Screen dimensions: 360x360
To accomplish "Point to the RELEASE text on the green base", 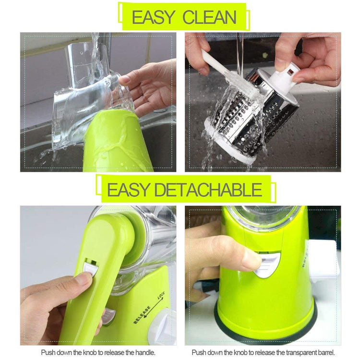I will coord(142,314).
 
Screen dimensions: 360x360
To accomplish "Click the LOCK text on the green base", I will coord(163,298).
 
